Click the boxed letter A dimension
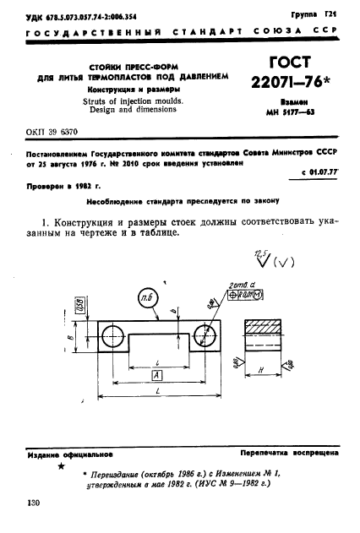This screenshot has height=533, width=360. pyautogui.click(x=155, y=374)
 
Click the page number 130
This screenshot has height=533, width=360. pyautogui.click(x=33, y=503)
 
